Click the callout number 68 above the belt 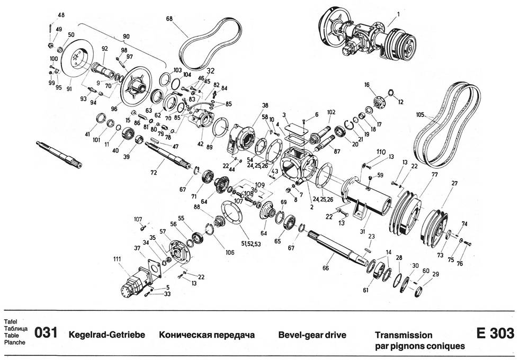[169, 19]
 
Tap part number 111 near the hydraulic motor [117, 258]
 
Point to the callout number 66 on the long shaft [325, 268]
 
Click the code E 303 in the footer [495, 334]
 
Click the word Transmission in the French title [404, 335]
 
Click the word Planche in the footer [14, 343]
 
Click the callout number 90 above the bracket [126, 36]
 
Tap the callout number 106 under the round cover [229, 252]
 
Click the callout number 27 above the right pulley [454, 183]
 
